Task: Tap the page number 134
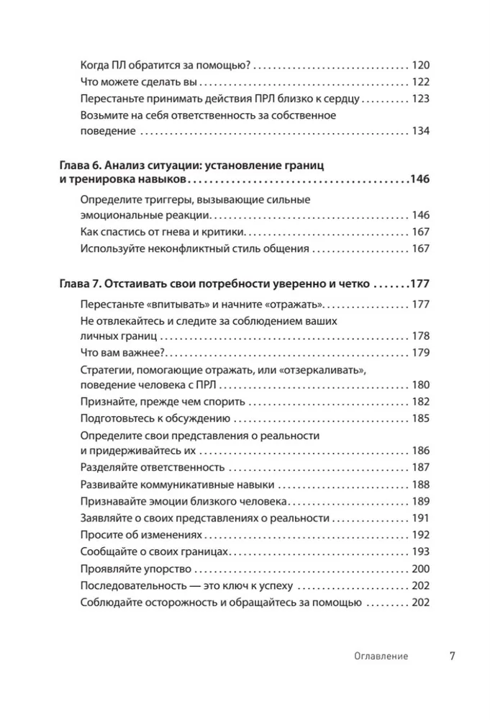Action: click(x=419, y=131)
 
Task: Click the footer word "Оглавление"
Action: click(x=381, y=656)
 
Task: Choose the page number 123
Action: click(x=419, y=97)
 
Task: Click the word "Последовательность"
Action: click(x=133, y=585)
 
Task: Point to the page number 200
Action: click(x=419, y=569)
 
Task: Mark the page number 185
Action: click(x=419, y=418)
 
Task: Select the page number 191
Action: click(x=419, y=518)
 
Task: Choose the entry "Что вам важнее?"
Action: click(x=122, y=353)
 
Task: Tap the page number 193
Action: click(x=419, y=552)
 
